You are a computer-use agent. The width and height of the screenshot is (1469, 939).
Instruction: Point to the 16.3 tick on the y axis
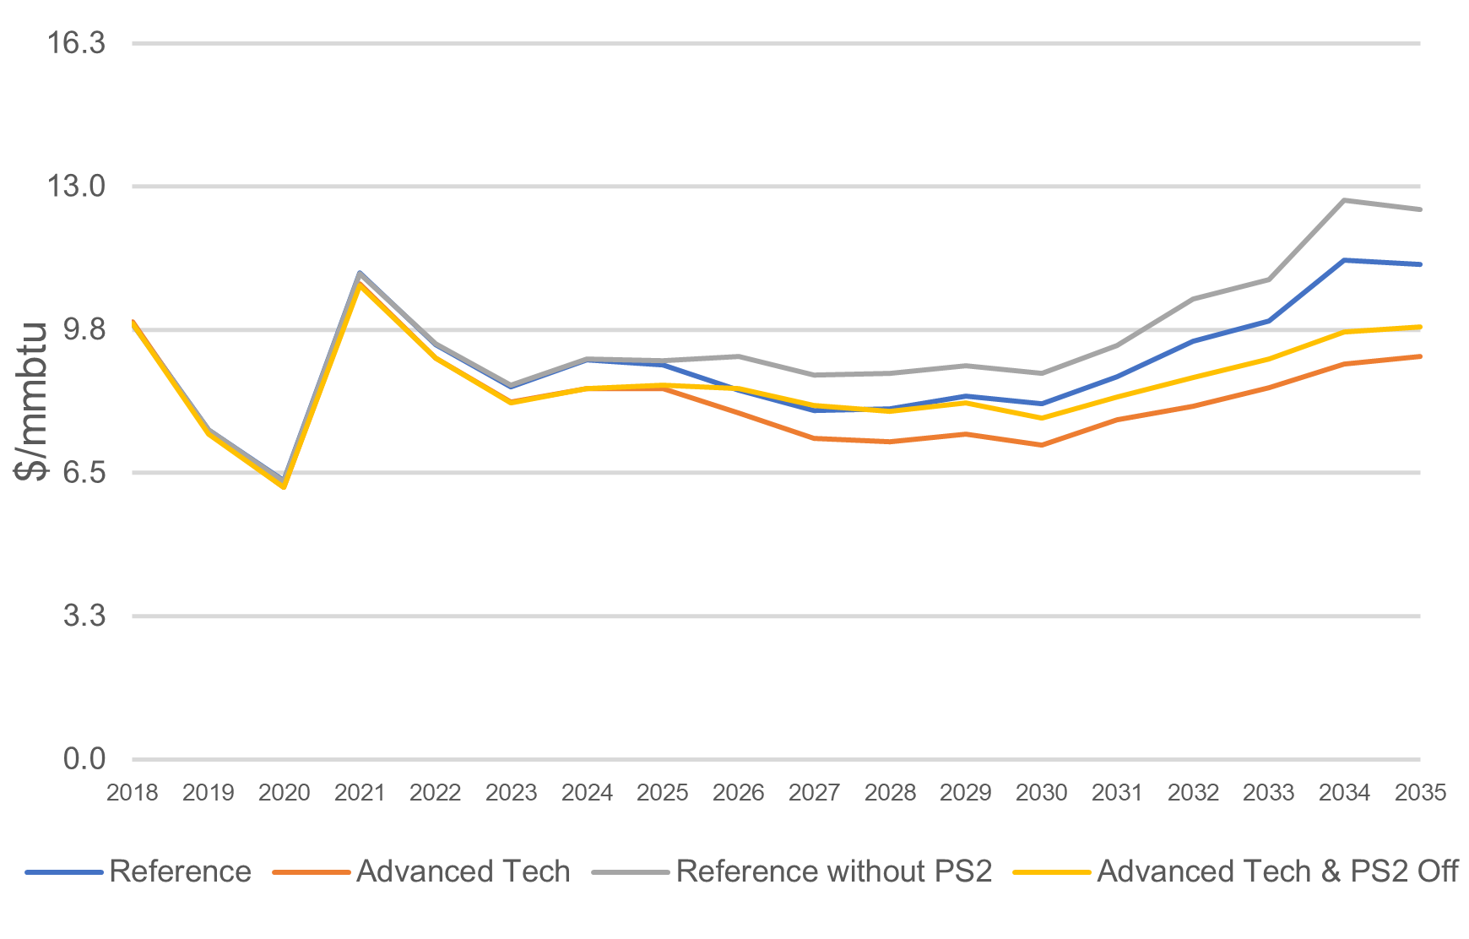pyautogui.click(x=77, y=43)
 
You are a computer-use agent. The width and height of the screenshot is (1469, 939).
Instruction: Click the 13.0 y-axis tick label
pyautogui.click(x=77, y=186)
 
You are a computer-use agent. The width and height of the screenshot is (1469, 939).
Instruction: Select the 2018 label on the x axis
pyautogui.click(x=133, y=793)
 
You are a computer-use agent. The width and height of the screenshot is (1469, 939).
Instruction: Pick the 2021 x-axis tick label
pyautogui.click(x=360, y=793)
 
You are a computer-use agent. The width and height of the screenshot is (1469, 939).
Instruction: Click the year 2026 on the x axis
pyautogui.click(x=738, y=793)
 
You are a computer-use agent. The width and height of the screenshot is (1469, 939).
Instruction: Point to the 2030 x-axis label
pyautogui.click(x=1041, y=793)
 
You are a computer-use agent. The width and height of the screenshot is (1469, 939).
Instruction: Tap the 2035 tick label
pyautogui.click(x=1420, y=793)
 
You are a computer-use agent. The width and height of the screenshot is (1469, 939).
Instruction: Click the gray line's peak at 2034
pyautogui.click(x=1344, y=200)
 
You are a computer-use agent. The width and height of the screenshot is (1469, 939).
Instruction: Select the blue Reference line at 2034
pyautogui.click(x=1344, y=260)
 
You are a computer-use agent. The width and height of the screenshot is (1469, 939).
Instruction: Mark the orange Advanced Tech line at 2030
pyautogui.click(x=1041, y=445)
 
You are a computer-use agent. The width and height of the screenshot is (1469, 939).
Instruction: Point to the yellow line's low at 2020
pyautogui.click(x=284, y=486)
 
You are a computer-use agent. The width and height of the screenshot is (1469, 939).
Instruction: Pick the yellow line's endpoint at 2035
pyautogui.click(x=1420, y=327)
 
